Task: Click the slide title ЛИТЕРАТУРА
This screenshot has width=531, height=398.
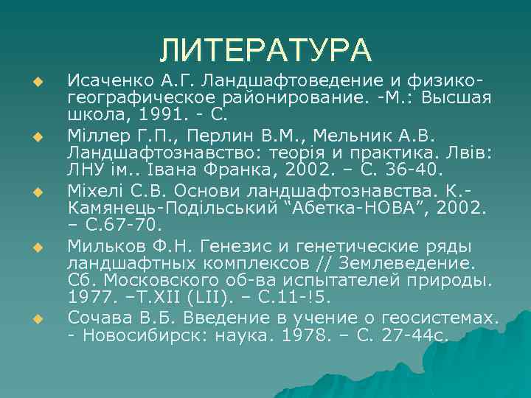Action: (x=266, y=50)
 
